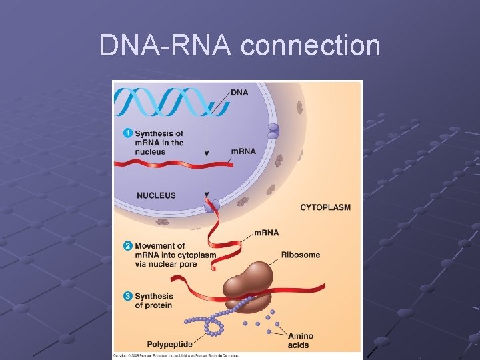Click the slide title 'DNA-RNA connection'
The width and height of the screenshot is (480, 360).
coord(240,45)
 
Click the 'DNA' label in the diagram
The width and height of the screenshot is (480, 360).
coord(239,92)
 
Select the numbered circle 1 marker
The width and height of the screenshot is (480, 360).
coord(127,133)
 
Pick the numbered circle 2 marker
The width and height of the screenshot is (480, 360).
coord(127,246)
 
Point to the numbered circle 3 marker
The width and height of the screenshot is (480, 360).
coord(127,296)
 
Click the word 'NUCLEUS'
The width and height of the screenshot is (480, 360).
coord(156,195)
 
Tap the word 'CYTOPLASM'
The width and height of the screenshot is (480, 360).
coord(325,207)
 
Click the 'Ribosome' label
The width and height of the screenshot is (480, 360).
coord(300,255)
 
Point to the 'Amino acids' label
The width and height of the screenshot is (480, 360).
coord(301,340)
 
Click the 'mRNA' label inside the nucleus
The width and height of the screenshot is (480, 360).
coord(243,151)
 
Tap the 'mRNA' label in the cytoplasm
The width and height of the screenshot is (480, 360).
coord(267,233)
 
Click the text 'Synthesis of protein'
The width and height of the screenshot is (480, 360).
coord(153,301)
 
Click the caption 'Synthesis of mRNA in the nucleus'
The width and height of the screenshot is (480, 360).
coord(159,143)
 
